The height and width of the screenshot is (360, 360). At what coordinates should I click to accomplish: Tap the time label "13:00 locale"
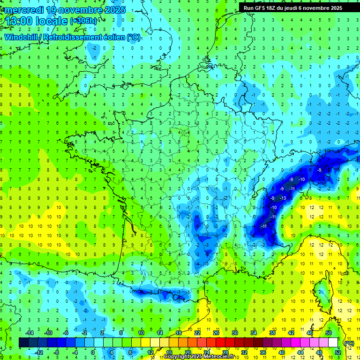click(36, 21)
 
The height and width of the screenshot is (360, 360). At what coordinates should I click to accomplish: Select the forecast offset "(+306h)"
click(83, 21)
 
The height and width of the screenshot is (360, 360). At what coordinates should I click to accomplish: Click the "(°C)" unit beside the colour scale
click(349, 343)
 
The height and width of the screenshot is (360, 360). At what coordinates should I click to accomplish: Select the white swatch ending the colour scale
click(333, 343)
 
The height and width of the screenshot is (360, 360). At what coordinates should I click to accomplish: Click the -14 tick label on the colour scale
click(30, 333)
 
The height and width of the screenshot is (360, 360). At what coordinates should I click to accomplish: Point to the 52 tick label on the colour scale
click(337, 352)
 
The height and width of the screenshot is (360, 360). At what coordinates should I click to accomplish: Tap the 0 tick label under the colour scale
click(93, 352)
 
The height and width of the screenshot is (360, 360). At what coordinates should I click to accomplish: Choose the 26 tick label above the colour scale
click(216, 333)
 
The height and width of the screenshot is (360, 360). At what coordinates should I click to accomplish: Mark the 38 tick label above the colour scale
click(271, 333)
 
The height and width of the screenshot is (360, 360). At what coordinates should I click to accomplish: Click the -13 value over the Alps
click(283, 198)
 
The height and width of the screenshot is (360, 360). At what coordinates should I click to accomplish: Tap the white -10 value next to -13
click(273, 207)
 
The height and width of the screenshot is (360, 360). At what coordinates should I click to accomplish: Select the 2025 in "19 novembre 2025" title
click(115, 10)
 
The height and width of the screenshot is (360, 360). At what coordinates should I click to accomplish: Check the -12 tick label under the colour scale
click(39, 352)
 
